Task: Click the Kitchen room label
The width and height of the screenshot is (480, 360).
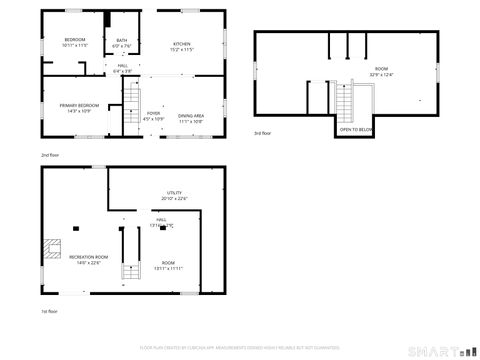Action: pos(182,44)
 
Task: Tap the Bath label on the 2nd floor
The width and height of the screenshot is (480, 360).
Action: pos(121,41)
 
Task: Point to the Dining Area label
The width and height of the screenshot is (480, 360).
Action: pos(191,116)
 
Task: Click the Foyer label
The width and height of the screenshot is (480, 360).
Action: pos(154,113)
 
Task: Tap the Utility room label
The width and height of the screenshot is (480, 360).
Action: pos(175,192)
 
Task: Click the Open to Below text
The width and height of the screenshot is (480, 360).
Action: pos(356,130)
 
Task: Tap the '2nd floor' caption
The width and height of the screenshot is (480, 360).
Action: pos(49,156)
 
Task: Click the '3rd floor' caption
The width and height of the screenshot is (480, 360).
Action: pos(261,133)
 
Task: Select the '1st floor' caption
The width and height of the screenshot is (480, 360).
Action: pos(49,311)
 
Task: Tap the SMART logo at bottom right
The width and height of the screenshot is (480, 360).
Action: pos(441,352)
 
